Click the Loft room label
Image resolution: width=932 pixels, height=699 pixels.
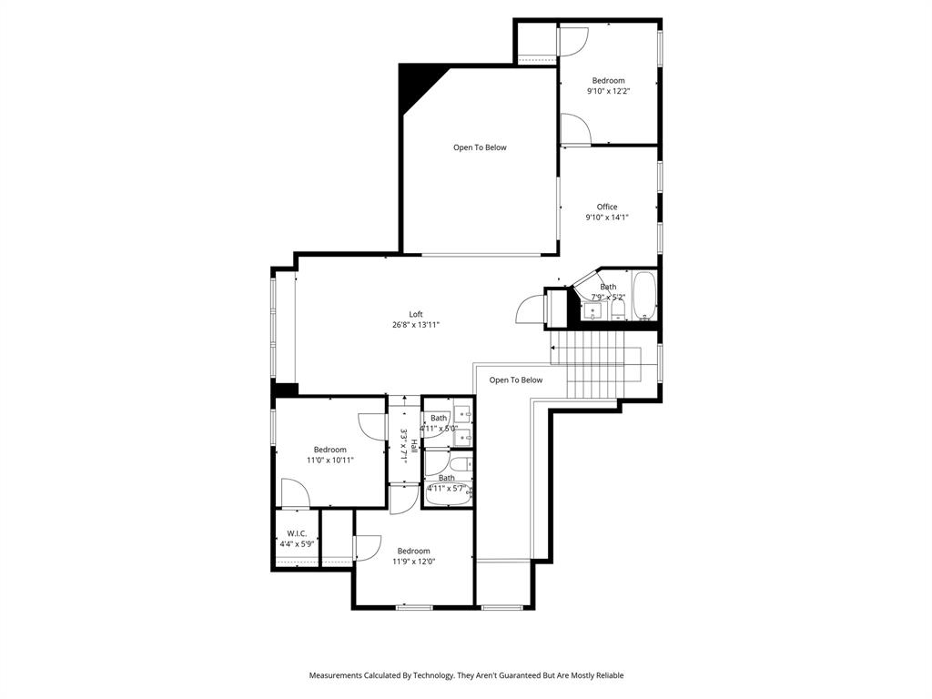[x=415, y=314]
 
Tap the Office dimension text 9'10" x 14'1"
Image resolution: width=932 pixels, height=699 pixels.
[x=606, y=218]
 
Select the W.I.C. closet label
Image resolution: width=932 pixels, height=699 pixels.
[x=297, y=533]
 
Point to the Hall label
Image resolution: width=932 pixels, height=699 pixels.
[x=414, y=445]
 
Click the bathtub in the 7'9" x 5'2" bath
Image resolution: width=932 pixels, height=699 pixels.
[x=644, y=296]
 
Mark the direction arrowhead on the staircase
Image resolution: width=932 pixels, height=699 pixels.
[x=553, y=347]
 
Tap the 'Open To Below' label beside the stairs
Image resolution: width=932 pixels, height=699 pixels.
[x=515, y=380]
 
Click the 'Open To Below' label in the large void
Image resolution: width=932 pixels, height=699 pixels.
[x=480, y=147]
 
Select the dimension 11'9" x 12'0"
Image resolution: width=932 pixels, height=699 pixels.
[x=413, y=562]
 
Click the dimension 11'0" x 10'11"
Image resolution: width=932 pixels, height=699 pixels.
[x=329, y=461]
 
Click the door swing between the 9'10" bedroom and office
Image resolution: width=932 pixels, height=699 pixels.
[x=574, y=129]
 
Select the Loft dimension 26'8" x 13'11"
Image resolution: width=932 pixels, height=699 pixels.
[x=415, y=325]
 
